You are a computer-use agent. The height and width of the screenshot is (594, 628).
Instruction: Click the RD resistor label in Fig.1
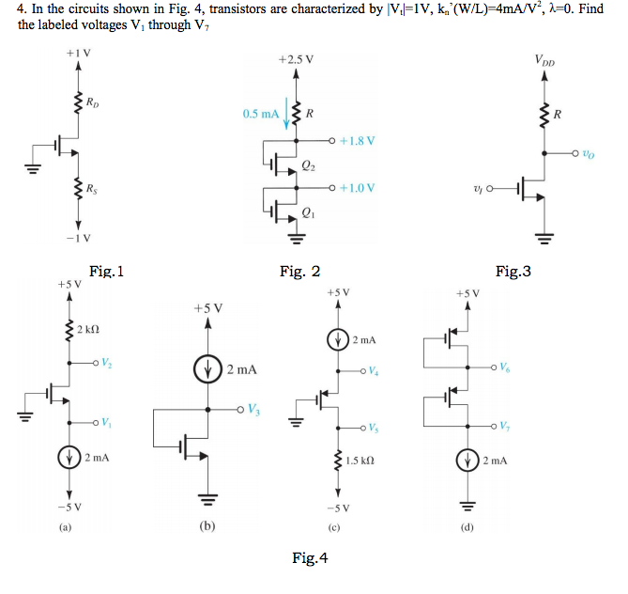[90, 102]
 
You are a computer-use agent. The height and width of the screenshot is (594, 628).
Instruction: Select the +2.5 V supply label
[297, 59]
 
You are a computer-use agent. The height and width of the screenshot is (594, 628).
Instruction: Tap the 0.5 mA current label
[259, 114]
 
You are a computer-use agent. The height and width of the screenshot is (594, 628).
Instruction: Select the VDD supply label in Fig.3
[544, 59]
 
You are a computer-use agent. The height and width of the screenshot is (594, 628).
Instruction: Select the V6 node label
[507, 367]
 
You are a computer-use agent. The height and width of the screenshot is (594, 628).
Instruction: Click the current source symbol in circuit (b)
[207, 369]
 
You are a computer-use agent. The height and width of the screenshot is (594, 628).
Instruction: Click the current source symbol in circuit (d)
[466, 461]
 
